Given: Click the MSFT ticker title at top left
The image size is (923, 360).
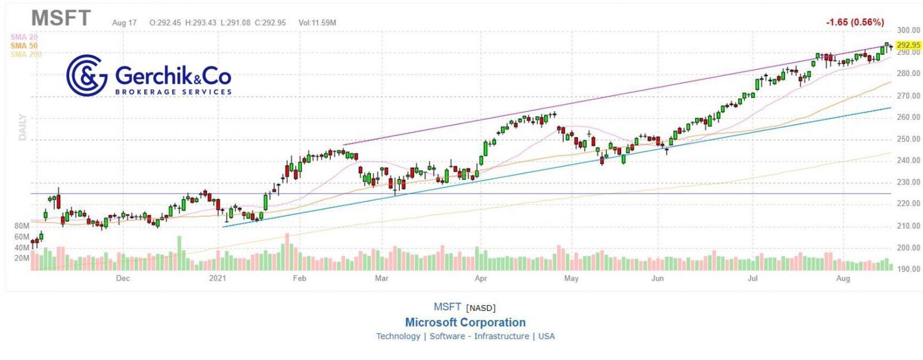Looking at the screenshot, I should [61, 18].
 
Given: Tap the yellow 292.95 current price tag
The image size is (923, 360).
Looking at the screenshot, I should [909, 45].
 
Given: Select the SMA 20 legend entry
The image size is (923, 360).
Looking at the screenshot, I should [24, 37].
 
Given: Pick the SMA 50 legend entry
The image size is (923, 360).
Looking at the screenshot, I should [24, 46].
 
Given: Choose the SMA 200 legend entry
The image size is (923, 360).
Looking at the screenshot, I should [26, 54].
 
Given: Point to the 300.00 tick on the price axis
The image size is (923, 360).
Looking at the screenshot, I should [909, 31].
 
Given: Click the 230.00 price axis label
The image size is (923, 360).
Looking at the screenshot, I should [909, 182].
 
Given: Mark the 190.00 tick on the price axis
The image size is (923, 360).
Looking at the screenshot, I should [909, 269].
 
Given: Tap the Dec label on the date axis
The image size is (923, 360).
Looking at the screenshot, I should [122, 279].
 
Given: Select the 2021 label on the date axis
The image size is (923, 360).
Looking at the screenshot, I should [217, 279].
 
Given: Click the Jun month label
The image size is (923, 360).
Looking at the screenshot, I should [657, 279].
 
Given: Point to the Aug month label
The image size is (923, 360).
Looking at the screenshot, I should [843, 279].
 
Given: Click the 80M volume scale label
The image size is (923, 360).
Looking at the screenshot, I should [22, 226].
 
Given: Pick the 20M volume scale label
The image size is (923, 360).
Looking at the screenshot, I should [22, 258].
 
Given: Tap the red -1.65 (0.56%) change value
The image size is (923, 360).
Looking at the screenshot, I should [854, 22].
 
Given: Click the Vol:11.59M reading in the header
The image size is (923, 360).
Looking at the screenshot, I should [317, 23].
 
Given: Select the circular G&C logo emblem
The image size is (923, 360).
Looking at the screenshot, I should [87, 75].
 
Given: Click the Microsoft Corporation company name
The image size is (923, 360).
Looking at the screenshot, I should [465, 322].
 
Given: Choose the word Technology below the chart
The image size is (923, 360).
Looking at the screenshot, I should [398, 336].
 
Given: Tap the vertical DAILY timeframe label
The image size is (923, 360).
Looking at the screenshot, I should [22, 127].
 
